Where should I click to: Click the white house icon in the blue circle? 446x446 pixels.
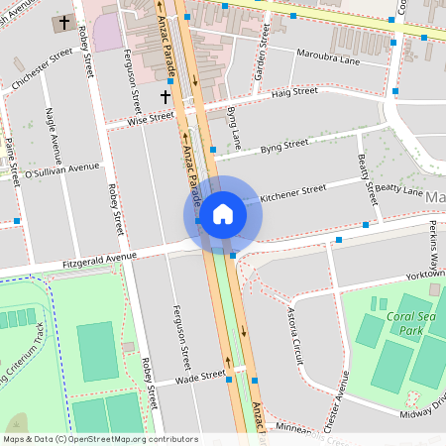coord(222,213)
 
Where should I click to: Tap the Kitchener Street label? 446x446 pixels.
coord(292,192)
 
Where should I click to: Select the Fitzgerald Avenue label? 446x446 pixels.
coord(98,260)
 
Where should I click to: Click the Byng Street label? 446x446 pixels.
coord(284,146)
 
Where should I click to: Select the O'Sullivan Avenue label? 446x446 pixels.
coord(61,168)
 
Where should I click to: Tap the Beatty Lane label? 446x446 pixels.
coord(399,189)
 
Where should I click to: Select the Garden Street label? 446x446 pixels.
coord(263,55)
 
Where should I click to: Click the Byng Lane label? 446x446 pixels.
coord(234,127)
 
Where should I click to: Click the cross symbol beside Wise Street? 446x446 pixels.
coord(166,96)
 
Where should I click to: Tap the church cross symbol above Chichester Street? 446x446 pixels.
coord(65,22)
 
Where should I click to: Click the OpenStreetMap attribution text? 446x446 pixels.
coord(100,439)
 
